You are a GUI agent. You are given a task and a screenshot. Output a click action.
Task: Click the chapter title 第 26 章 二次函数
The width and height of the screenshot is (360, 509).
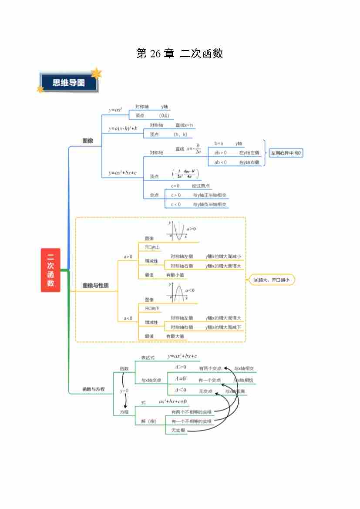click(x=180, y=54)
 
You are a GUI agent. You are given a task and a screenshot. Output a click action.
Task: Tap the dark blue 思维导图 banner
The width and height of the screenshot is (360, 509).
click(x=69, y=83)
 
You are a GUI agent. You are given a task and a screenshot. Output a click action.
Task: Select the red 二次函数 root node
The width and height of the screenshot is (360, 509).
click(x=50, y=270)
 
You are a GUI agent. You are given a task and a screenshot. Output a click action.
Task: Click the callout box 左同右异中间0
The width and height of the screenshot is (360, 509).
click(x=286, y=153)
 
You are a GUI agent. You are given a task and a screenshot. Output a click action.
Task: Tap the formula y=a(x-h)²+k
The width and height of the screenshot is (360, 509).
click(x=123, y=128)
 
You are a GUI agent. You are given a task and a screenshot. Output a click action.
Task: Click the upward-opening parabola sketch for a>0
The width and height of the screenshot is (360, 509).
click(x=177, y=231)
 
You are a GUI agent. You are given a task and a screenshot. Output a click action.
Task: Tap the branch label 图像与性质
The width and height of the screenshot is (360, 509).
click(x=96, y=286)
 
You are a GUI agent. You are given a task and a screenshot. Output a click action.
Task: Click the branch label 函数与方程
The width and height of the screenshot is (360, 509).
click(x=94, y=389)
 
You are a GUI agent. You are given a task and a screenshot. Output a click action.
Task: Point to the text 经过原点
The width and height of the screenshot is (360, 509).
click(x=201, y=186)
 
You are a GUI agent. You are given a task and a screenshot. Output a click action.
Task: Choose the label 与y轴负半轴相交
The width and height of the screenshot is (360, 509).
click(x=210, y=204)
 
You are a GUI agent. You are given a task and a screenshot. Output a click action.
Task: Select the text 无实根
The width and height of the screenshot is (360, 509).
click(x=178, y=431)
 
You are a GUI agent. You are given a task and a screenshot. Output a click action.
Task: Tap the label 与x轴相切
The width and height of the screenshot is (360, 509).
click(x=243, y=380)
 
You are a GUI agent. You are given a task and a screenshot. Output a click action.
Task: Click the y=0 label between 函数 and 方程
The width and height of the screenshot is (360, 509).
click(x=124, y=391)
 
